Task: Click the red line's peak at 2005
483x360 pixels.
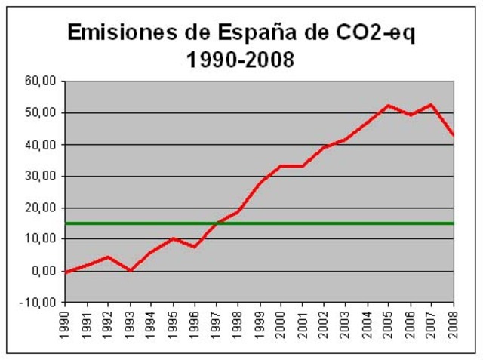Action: pyautogui.click(x=389, y=106)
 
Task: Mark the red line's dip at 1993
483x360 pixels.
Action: pyautogui.click(x=131, y=270)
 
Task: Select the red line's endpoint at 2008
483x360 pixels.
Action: pyautogui.click(x=454, y=135)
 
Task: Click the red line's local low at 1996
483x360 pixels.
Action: pyautogui.click(x=195, y=247)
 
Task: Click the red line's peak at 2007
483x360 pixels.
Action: pyautogui.click(x=432, y=105)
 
